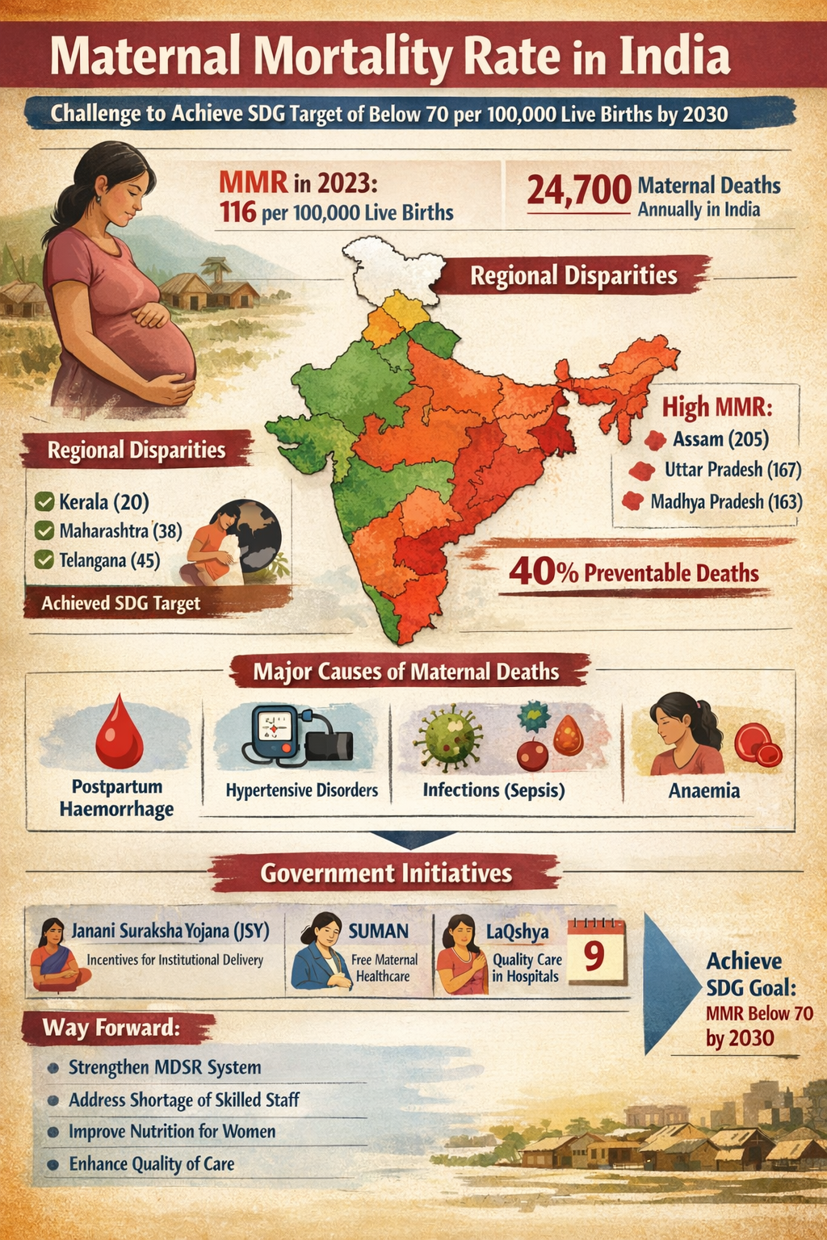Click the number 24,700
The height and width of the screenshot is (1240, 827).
pos(578,191)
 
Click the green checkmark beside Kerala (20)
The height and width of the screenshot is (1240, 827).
pos(44,502)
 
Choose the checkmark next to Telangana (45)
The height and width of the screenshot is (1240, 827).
pos(44,559)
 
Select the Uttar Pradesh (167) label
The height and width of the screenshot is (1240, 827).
pos(733,469)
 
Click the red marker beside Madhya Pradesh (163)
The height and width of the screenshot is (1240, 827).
pos(633,501)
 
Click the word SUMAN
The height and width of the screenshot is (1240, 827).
pos(378,931)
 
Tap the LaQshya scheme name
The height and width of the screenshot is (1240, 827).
pos(517,931)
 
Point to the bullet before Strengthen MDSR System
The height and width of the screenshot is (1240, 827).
pos(53,1067)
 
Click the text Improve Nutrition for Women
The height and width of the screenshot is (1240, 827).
pos(172,1131)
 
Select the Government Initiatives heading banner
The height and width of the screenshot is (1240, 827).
pos(386,873)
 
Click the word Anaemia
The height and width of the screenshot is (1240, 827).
pos(703,790)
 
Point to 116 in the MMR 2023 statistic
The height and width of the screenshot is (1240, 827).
pos(237,212)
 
